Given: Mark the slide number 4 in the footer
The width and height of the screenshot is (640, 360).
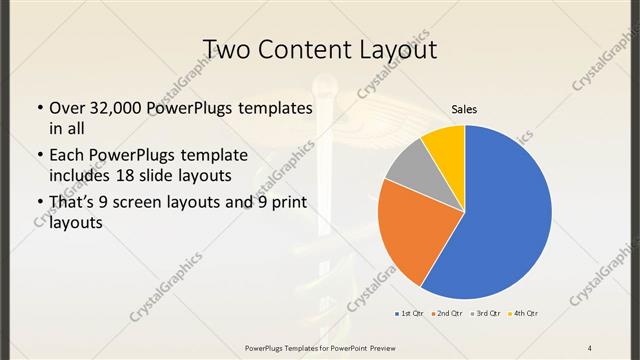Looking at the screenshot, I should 590,347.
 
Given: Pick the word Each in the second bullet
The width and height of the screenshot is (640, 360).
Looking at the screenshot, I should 67,155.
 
